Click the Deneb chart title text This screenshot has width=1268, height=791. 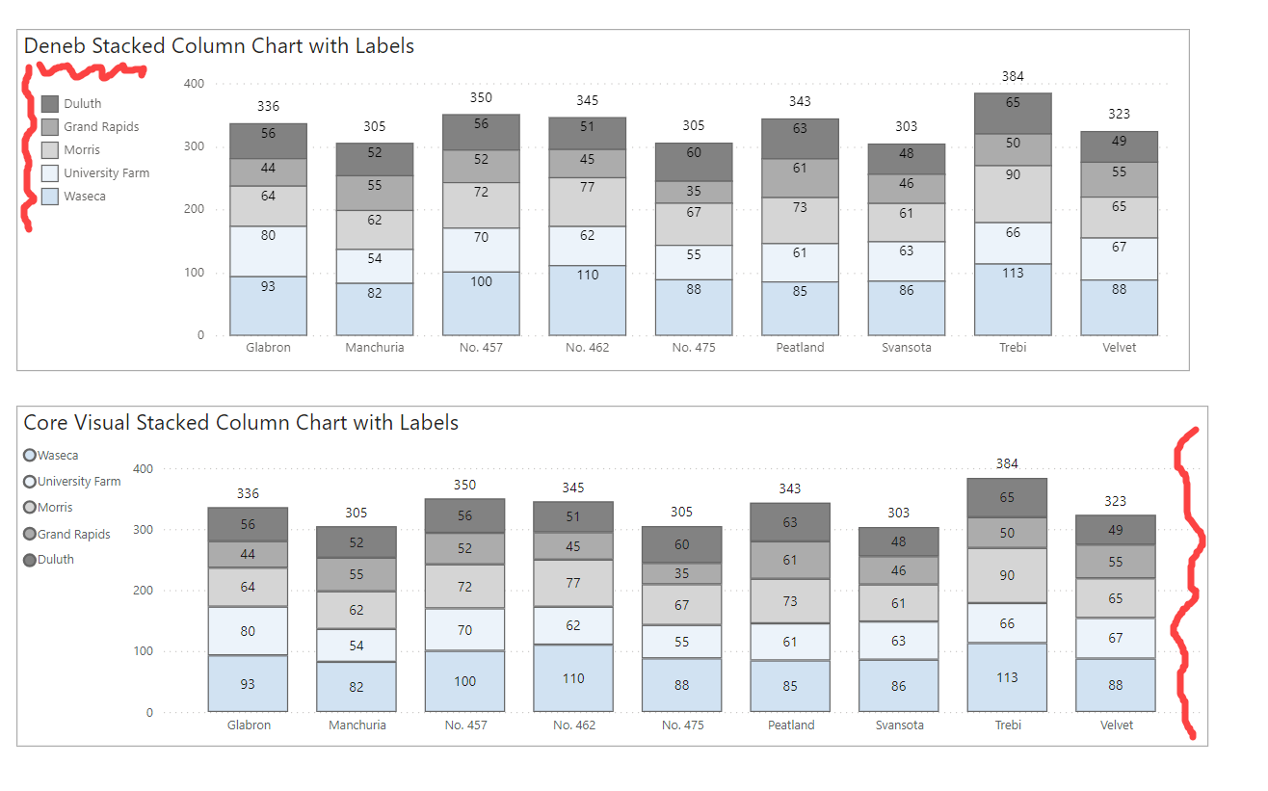tap(219, 45)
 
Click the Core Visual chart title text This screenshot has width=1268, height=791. tap(241, 422)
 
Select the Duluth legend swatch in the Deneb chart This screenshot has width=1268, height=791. tap(51, 104)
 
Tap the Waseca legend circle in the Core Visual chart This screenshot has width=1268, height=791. tap(30, 456)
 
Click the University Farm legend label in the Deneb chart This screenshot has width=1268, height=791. tap(106, 173)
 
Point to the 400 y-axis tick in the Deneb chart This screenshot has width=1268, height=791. tap(194, 84)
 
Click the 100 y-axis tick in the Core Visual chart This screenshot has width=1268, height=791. tap(143, 651)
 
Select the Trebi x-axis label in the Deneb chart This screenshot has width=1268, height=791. tap(1013, 347)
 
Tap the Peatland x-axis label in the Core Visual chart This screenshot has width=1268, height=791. tap(790, 725)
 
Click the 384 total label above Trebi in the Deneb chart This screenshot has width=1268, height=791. tap(1013, 76)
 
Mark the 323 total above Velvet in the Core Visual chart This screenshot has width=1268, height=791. tap(1115, 501)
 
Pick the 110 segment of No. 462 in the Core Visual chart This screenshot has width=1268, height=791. tap(573, 678)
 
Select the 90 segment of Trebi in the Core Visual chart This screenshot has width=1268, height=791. tap(1007, 575)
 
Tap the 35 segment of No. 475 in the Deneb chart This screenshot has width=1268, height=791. tap(694, 192)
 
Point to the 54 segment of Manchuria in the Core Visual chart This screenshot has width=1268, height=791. tap(357, 645)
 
